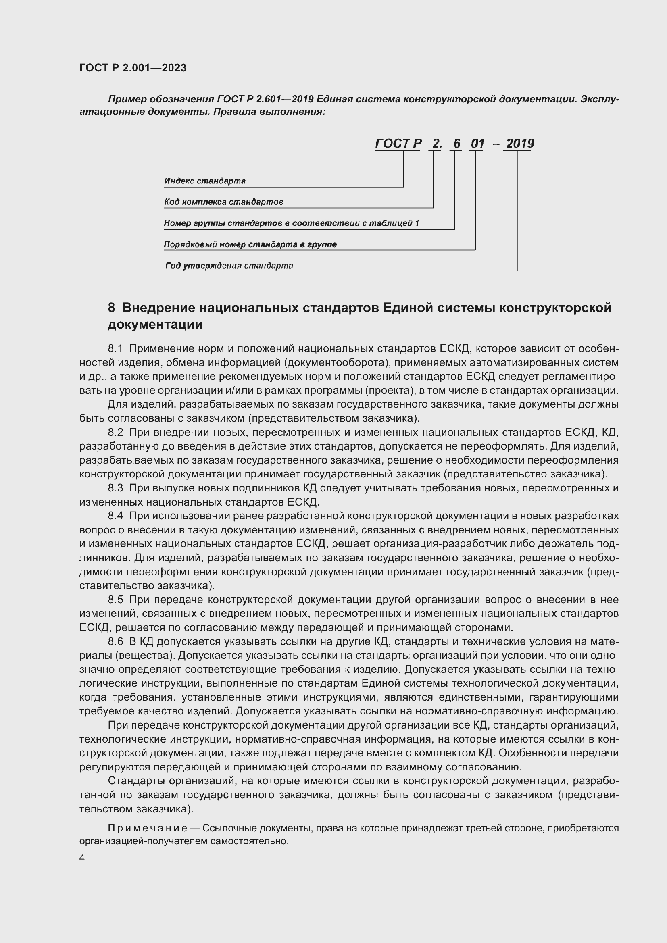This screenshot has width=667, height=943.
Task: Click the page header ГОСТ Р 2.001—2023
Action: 133,68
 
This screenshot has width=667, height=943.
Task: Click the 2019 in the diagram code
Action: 519,144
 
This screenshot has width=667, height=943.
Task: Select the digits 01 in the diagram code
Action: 477,144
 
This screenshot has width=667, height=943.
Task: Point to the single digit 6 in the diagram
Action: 456,144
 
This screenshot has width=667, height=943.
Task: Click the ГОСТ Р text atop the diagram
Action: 398,144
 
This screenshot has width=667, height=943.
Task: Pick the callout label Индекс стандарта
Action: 204,181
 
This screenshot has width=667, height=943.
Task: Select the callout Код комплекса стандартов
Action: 223,202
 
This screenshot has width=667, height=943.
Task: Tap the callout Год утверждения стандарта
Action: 229,266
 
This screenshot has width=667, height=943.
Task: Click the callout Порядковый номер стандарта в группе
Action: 250,244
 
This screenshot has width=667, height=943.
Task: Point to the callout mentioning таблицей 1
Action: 291,223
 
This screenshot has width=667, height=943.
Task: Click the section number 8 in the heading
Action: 111,308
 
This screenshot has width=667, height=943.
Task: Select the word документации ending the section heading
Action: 155,325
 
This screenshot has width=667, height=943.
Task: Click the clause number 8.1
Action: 115,349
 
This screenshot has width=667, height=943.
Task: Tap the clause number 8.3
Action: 115,488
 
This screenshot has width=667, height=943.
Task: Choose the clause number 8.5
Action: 115,600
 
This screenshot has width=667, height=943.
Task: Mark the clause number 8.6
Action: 115,641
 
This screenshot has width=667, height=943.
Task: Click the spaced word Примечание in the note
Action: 148,828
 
